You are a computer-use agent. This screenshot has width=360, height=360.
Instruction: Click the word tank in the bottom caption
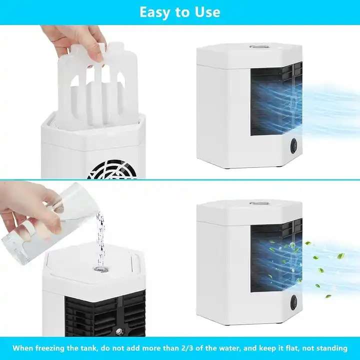coord(91,348)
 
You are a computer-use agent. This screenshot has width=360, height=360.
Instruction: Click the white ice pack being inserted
coord(98,85)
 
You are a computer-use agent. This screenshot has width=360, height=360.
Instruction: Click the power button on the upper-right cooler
coord(293,146)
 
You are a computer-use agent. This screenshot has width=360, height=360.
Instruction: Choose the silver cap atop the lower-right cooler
coord(257,203)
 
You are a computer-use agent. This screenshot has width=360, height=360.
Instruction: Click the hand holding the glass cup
coord(25,205)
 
